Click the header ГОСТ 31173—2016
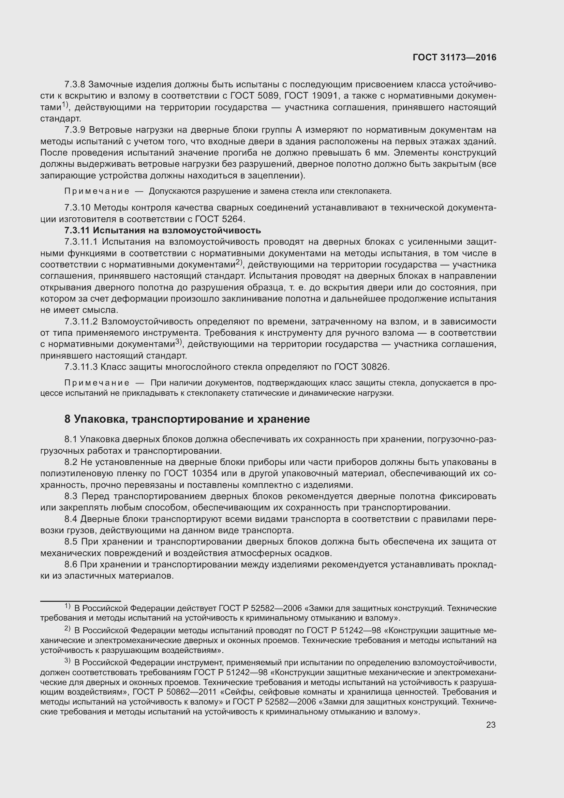454,58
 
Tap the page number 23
491,725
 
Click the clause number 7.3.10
77,208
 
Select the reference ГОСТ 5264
220,219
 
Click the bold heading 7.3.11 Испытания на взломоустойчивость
163,230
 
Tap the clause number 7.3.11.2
81,321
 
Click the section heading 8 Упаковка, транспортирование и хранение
187,419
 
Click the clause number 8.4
71,519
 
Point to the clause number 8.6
71,564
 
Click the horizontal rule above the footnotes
80,601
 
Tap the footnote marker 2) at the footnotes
68,629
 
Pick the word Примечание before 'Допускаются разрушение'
97,191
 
